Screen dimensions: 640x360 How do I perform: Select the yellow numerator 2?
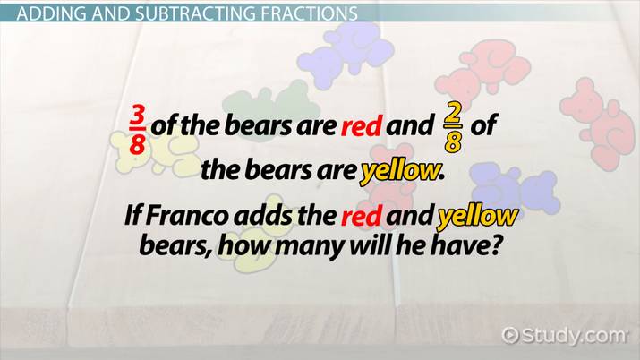point(453,116)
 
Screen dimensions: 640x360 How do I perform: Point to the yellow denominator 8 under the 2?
point(453,142)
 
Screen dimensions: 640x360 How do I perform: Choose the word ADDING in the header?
point(51,14)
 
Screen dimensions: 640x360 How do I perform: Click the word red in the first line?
point(362,126)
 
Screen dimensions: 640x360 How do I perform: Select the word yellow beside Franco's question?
point(477,216)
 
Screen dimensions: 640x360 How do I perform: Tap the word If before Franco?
point(132,216)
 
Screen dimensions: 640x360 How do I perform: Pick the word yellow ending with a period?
point(401,171)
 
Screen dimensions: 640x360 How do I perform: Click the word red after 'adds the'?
point(362,217)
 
